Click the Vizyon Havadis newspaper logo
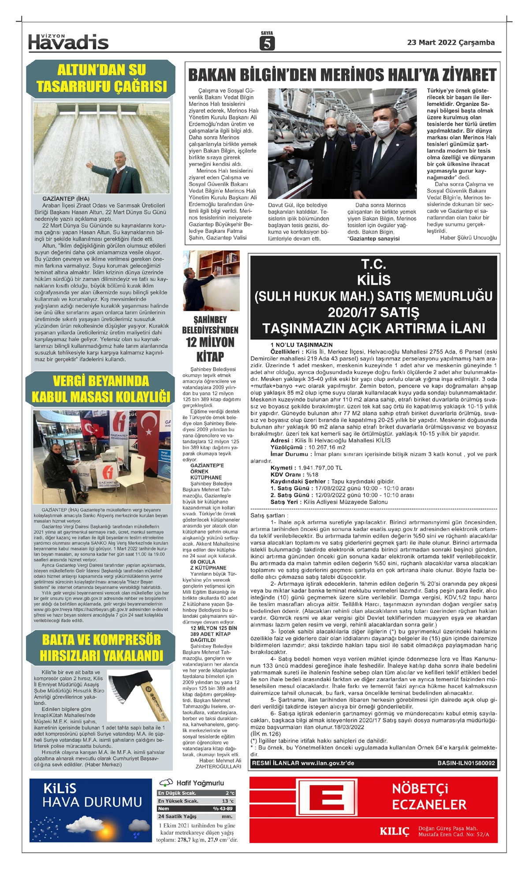coord(68,42)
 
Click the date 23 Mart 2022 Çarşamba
coord(451,42)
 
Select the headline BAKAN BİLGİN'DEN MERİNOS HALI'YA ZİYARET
coord(342,75)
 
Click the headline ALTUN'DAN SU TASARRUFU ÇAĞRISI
coord(101,78)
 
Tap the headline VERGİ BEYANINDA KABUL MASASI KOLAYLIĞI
coord(101,389)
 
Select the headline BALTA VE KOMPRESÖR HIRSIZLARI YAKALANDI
coord(101,647)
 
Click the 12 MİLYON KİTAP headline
coord(210,349)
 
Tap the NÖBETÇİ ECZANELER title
coord(429,797)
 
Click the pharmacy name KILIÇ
coord(394,832)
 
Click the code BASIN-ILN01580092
coord(466,763)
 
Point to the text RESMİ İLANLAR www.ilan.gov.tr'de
coord(303,763)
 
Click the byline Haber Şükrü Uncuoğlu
coord(468,237)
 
